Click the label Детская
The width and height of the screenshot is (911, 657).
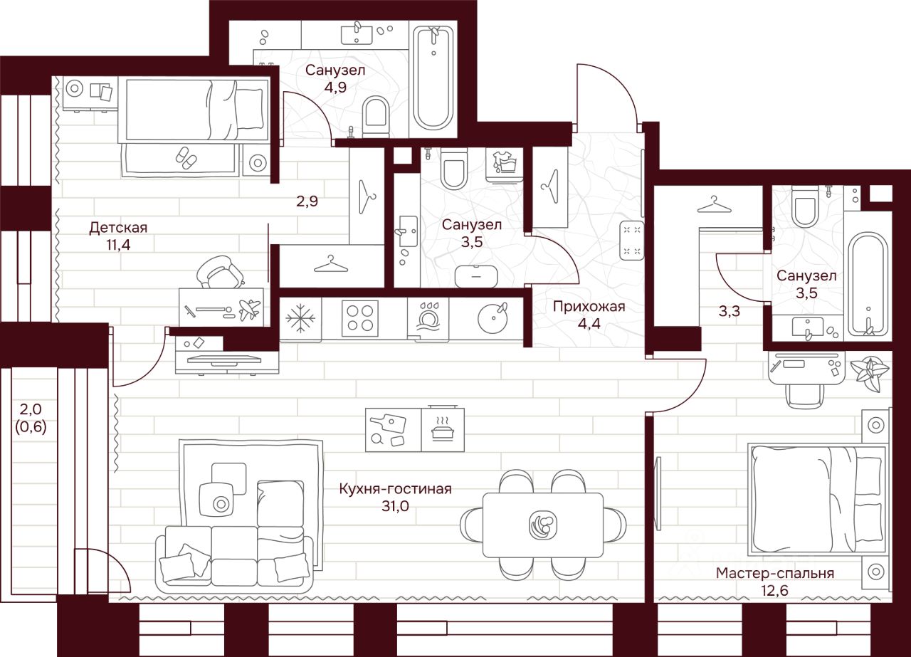tap(118, 228)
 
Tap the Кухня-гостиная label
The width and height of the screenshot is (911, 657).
tap(396, 489)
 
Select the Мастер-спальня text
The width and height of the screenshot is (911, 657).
tap(775, 573)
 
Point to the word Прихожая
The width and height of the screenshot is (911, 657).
tap(588, 307)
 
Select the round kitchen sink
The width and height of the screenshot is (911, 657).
tap(492, 317)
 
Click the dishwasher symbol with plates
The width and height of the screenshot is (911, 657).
tap(428, 317)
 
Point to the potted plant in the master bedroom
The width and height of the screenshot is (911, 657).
tap(870, 373)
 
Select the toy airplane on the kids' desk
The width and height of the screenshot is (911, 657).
tap(249, 309)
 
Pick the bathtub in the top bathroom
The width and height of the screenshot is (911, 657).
tap(433, 78)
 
